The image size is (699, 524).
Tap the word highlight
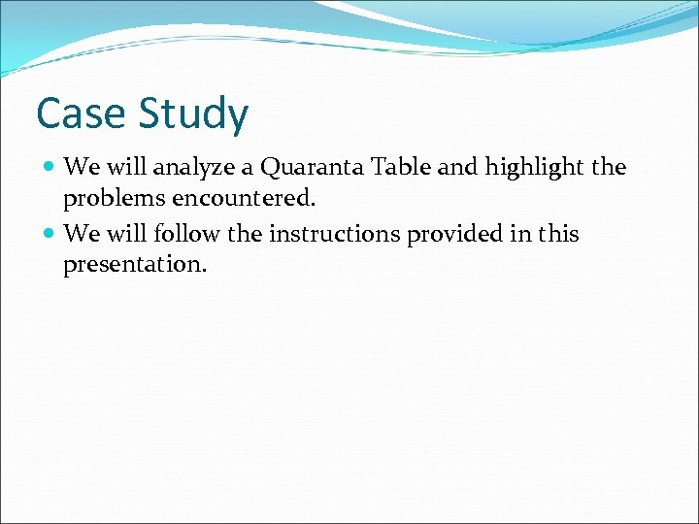(x=535, y=168)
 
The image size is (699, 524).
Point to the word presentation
(x=135, y=265)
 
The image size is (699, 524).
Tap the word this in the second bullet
(x=555, y=234)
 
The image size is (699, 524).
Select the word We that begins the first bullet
(x=81, y=167)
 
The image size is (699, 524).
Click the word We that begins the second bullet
(x=81, y=234)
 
